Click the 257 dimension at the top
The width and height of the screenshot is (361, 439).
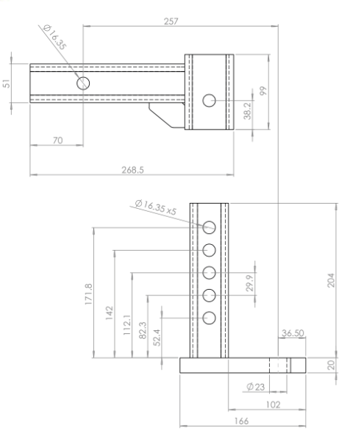pos(170,21)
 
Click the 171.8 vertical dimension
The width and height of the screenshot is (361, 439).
pos(88,293)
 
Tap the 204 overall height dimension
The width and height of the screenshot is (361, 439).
pos(330,281)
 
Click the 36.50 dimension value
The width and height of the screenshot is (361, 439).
pos(292,333)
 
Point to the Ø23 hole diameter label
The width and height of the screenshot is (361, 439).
pos(256,386)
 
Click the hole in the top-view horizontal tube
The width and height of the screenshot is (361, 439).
pos(82,82)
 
